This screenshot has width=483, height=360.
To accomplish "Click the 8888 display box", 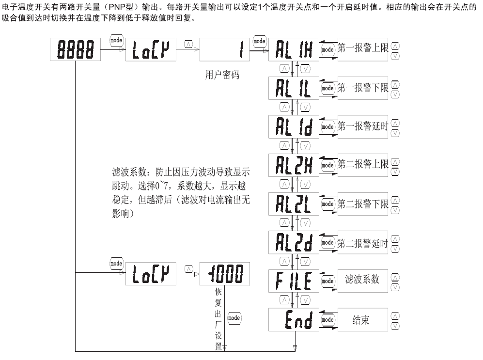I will [76, 49].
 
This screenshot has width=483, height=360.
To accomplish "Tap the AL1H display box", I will [294, 49].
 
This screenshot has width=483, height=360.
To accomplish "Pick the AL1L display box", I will [294, 88].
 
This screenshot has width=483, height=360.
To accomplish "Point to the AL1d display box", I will [294, 126].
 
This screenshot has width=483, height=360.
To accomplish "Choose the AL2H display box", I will [294, 165].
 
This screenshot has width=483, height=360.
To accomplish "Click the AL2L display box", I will [294, 204].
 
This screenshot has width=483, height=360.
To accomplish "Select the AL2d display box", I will [294, 242].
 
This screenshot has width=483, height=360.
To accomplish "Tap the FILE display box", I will [294, 281].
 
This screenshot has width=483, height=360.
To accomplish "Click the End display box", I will [294, 319].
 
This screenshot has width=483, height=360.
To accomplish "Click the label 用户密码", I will [222, 76].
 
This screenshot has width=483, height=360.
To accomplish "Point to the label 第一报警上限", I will [363, 49].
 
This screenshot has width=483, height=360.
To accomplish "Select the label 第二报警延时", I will [363, 242].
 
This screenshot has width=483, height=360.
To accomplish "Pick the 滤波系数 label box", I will [363, 280].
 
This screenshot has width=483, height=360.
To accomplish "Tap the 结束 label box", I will [363, 319].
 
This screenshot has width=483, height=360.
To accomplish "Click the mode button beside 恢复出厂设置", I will [234, 317].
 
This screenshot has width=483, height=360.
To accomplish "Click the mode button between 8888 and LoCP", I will [116, 40].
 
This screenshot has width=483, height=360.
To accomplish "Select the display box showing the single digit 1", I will [224, 49].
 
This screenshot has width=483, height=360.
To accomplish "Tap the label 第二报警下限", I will [363, 204].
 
